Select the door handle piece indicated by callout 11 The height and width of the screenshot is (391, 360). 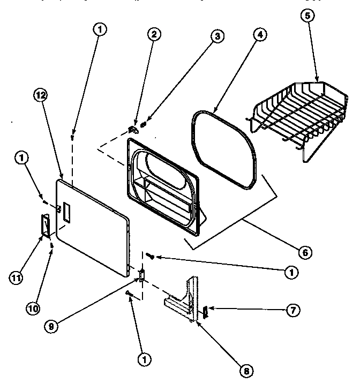click(x=45, y=225)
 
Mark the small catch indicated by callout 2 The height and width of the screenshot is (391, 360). click(x=133, y=129)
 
